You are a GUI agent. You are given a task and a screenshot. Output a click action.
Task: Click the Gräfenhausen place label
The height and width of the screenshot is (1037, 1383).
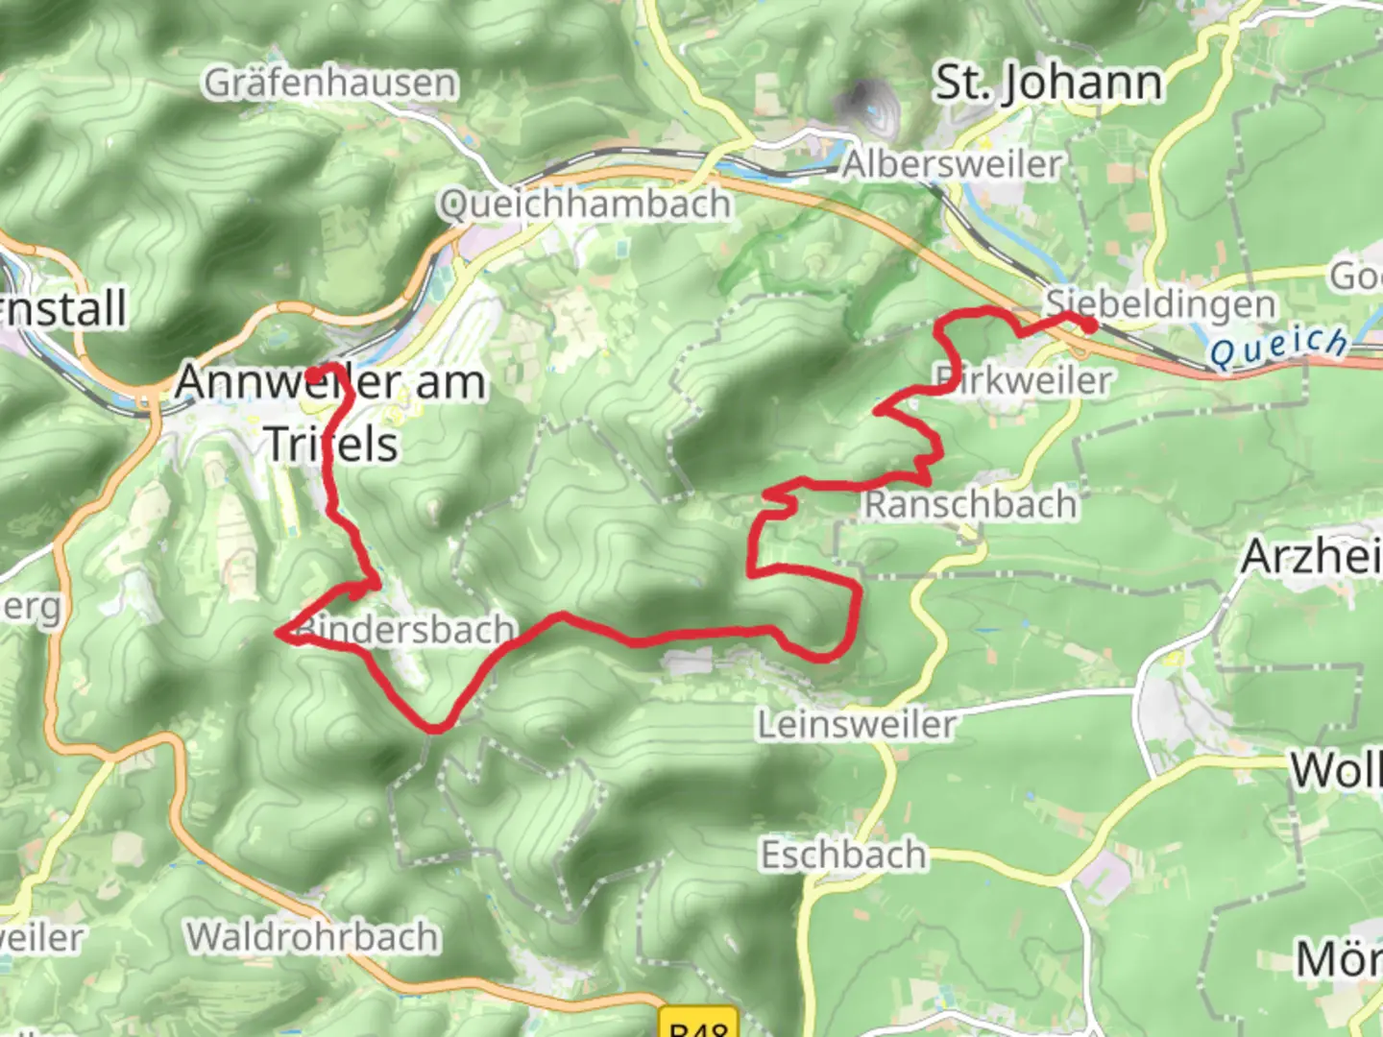(330, 84)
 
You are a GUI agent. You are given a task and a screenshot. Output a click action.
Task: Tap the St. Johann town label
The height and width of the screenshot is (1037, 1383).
(1048, 83)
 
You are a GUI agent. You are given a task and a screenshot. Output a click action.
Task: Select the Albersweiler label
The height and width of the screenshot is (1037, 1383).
(953, 164)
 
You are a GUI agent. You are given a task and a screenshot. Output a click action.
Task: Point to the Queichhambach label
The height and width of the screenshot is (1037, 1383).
(585, 205)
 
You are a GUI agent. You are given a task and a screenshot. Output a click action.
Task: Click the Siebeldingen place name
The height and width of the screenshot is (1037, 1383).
(1160, 303)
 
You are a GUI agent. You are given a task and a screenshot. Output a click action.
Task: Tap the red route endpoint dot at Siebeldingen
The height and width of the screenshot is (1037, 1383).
(1089, 325)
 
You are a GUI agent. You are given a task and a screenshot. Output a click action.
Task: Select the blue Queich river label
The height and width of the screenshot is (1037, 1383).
(1278, 347)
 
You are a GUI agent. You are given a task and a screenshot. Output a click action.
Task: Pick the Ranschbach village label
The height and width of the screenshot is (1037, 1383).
(970, 504)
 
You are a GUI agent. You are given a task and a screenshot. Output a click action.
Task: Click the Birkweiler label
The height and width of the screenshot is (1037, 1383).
(1024, 380)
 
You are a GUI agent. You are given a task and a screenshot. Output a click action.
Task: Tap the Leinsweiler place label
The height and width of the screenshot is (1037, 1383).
(857, 724)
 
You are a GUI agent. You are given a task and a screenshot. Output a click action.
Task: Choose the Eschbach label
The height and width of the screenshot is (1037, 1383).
(843, 855)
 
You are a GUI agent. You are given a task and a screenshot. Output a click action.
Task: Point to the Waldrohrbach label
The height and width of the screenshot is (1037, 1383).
(313, 936)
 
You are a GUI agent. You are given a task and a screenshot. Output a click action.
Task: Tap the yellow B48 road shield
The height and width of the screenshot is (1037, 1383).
(698, 1024)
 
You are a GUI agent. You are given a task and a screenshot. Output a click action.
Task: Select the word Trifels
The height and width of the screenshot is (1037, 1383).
(330, 444)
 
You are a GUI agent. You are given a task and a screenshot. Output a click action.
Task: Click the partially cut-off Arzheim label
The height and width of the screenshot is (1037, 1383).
(1311, 556)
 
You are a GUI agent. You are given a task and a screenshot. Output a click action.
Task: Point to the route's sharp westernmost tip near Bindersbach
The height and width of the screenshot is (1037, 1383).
(279, 632)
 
